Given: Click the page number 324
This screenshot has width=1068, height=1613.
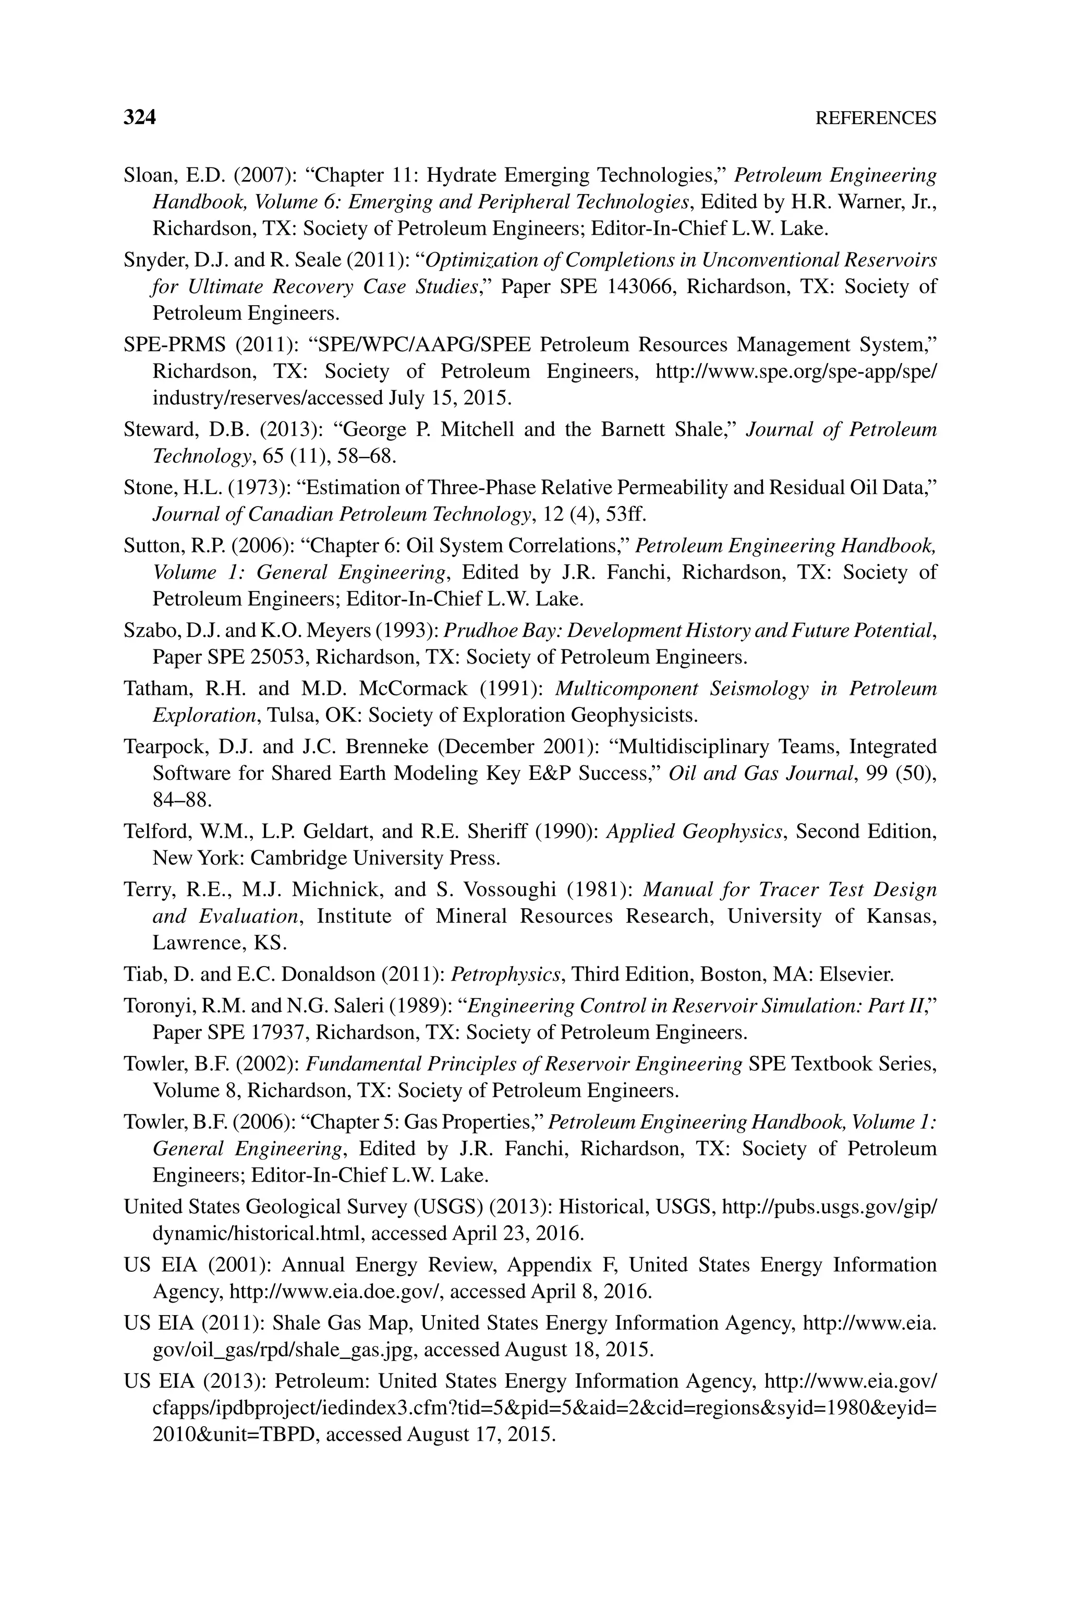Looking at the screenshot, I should (x=140, y=118).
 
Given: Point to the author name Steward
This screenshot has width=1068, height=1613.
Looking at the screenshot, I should (x=154, y=430).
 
